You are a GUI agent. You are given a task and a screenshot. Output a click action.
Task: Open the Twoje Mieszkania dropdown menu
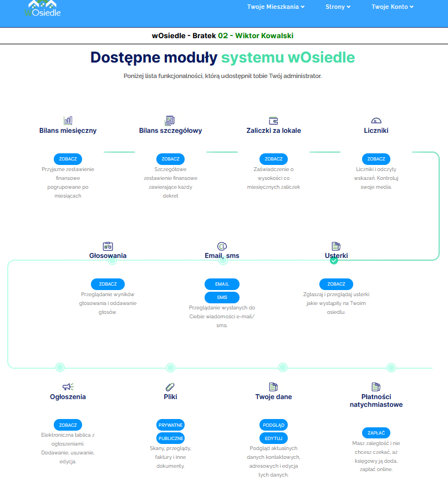coord(276,7)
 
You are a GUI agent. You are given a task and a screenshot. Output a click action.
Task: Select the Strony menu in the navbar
coord(338,7)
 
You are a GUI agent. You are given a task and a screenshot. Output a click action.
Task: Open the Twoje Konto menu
coord(393,7)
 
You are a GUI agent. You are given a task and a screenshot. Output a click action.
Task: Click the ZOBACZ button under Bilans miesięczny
coord(68,159)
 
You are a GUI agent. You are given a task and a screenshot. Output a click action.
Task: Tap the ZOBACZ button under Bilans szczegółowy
coord(170,159)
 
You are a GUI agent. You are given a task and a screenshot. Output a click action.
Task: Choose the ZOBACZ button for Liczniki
coord(376,159)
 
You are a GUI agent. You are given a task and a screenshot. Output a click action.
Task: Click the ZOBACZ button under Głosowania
coord(108,284)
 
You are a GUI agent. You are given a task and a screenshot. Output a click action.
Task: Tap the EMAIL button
coord(222,284)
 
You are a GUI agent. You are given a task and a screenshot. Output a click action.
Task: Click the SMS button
coord(222,297)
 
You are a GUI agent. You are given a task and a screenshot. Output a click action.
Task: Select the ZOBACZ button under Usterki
coord(336,284)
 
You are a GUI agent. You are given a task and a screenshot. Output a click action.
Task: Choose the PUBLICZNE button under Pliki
coord(171,438)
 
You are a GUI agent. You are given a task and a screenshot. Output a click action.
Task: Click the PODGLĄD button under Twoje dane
coord(273,425)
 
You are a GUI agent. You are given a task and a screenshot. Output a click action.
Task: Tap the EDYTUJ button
coord(273,438)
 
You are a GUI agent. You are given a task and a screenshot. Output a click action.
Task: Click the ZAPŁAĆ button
coord(376,433)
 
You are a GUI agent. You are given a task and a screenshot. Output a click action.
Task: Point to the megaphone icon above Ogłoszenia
coord(68,386)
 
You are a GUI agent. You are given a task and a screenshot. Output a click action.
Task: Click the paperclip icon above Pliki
coord(170,386)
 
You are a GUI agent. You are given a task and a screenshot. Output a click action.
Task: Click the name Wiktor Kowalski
coord(264,35)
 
